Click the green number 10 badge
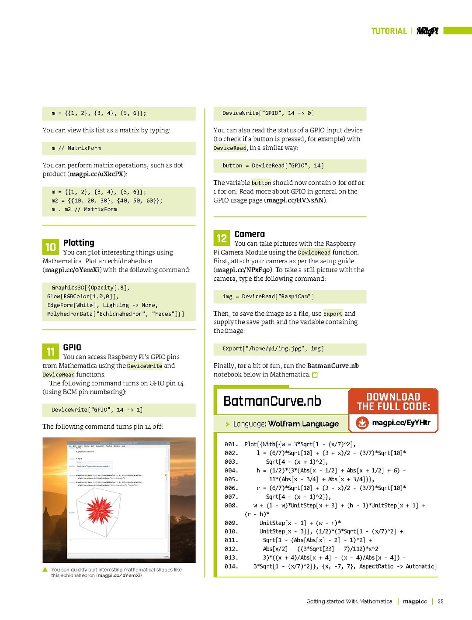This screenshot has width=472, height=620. coord(50,247)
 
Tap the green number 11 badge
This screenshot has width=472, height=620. coord(50,351)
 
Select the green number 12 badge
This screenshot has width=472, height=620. coord(222,238)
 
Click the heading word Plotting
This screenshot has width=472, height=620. coord(79,243)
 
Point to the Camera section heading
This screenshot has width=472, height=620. coord(250,234)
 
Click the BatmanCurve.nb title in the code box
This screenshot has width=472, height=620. coord(272,401)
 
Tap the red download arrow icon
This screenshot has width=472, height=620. coord(362,423)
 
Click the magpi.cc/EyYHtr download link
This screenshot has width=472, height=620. coord(401,423)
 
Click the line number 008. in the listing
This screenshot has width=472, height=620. coord(231,506)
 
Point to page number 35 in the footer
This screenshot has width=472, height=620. coord(441,602)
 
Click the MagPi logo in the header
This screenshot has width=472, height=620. coord(427,31)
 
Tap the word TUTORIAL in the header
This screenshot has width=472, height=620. coord(389,31)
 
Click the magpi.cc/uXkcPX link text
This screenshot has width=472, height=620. coord(97,174)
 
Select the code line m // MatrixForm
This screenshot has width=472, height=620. coord(76,148)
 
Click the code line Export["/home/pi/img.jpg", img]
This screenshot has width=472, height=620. coord(273,349)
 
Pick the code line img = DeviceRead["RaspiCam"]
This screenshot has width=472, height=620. coord(268,296)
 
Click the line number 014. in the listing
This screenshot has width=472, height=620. coord(231,567)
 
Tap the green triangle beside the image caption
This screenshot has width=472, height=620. coord(45,570)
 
